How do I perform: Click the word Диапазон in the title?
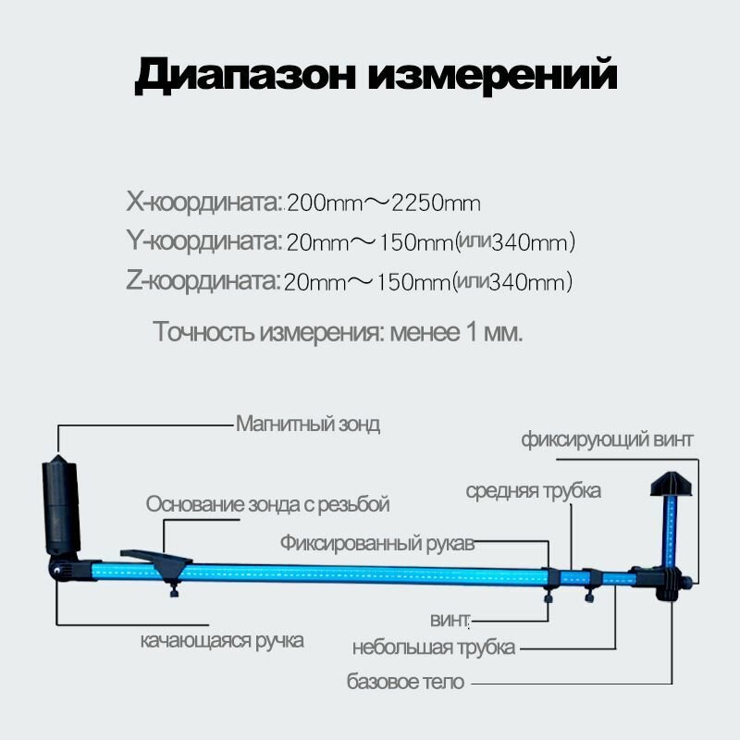tap(243, 75)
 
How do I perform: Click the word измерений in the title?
tap(492, 75)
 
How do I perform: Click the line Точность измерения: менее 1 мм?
tap(339, 331)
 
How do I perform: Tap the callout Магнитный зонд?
tap(308, 425)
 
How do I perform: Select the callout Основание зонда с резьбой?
tap(267, 504)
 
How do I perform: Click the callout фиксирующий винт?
tap(606, 439)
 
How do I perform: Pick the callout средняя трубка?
tap(533, 490)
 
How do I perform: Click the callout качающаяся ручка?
tap(222, 640)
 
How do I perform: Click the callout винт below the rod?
tap(450, 618)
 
